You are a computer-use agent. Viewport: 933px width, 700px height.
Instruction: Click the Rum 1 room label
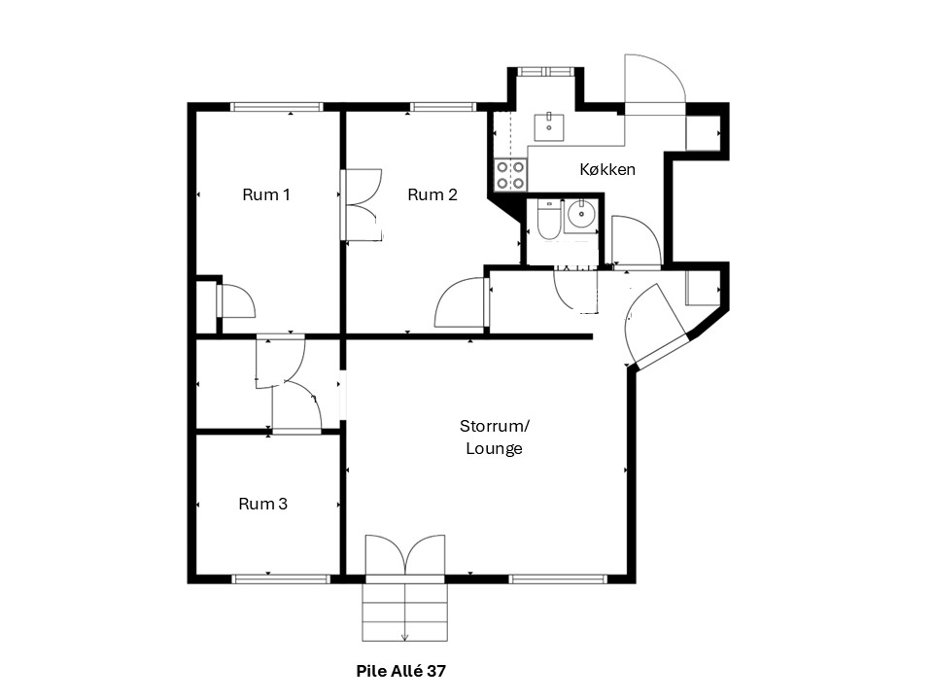266,194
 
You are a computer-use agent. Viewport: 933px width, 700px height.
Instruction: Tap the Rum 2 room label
432,194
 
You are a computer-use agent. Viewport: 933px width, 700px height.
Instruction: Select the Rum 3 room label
263,504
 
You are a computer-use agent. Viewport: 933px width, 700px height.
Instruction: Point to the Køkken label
607,169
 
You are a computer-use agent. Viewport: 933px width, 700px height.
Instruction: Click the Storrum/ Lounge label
495,437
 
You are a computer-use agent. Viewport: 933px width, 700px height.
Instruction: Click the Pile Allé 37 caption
401,671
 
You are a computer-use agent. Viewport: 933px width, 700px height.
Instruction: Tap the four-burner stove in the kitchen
510,175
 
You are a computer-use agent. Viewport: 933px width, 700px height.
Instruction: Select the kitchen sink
548,126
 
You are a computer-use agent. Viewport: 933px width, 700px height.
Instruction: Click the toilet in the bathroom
548,220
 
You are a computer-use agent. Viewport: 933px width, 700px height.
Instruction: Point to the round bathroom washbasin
580,214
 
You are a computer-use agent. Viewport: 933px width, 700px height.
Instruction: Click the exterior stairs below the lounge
404,612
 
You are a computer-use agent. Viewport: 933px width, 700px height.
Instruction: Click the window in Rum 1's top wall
277,107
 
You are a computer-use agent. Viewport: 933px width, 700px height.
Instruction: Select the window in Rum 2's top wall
442,107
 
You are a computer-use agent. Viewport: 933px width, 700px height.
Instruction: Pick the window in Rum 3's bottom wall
281,578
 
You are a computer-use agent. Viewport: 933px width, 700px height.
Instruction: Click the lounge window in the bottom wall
558,578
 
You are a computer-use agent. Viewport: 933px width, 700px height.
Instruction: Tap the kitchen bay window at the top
545,71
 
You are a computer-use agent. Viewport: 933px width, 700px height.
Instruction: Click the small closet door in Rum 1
236,301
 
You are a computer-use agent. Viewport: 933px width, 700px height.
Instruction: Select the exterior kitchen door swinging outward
654,85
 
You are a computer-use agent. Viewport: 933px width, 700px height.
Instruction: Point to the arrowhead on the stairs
404,638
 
